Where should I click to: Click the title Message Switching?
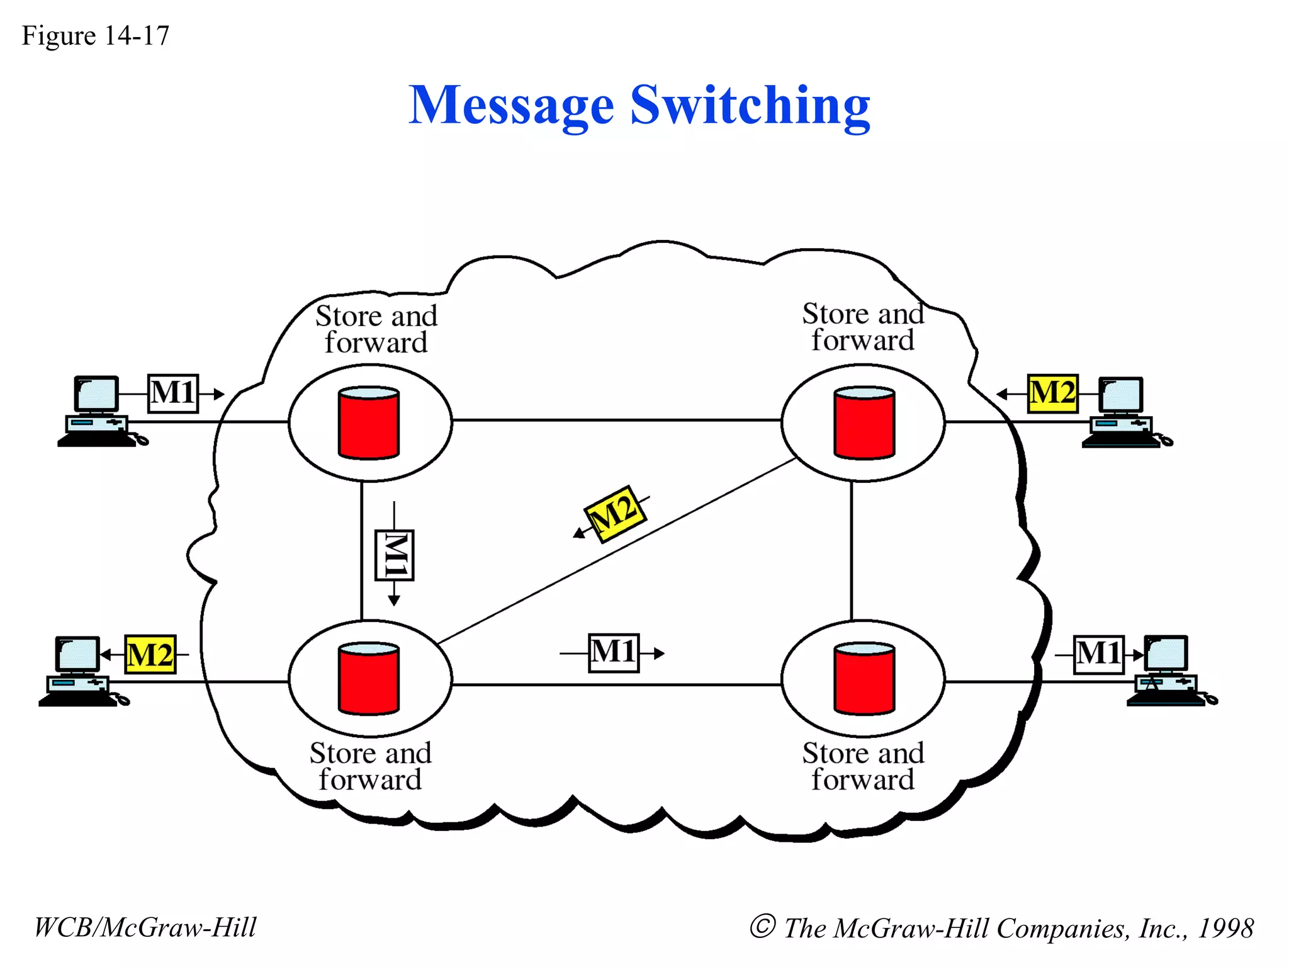(x=639, y=106)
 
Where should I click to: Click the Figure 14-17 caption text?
(x=95, y=36)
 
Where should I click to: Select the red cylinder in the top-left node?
(x=369, y=424)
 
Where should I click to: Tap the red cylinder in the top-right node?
(x=864, y=424)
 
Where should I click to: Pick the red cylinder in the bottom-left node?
(x=369, y=679)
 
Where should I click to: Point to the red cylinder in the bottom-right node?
(x=864, y=679)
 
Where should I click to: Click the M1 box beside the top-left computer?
(x=173, y=393)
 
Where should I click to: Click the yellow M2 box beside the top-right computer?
(x=1052, y=393)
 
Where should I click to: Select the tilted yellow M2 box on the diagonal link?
(x=615, y=514)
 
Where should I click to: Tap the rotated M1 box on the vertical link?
(x=395, y=555)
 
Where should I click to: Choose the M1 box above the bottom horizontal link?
(x=614, y=653)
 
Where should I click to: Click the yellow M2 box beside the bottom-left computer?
(x=150, y=655)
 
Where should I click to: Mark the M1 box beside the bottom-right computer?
(x=1098, y=654)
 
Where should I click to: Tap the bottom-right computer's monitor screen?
(x=1166, y=653)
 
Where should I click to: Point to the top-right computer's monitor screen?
(x=1122, y=395)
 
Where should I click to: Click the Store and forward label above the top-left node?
(x=376, y=329)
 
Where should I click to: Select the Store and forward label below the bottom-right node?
(x=863, y=766)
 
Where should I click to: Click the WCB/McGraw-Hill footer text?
(x=145, y=927)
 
